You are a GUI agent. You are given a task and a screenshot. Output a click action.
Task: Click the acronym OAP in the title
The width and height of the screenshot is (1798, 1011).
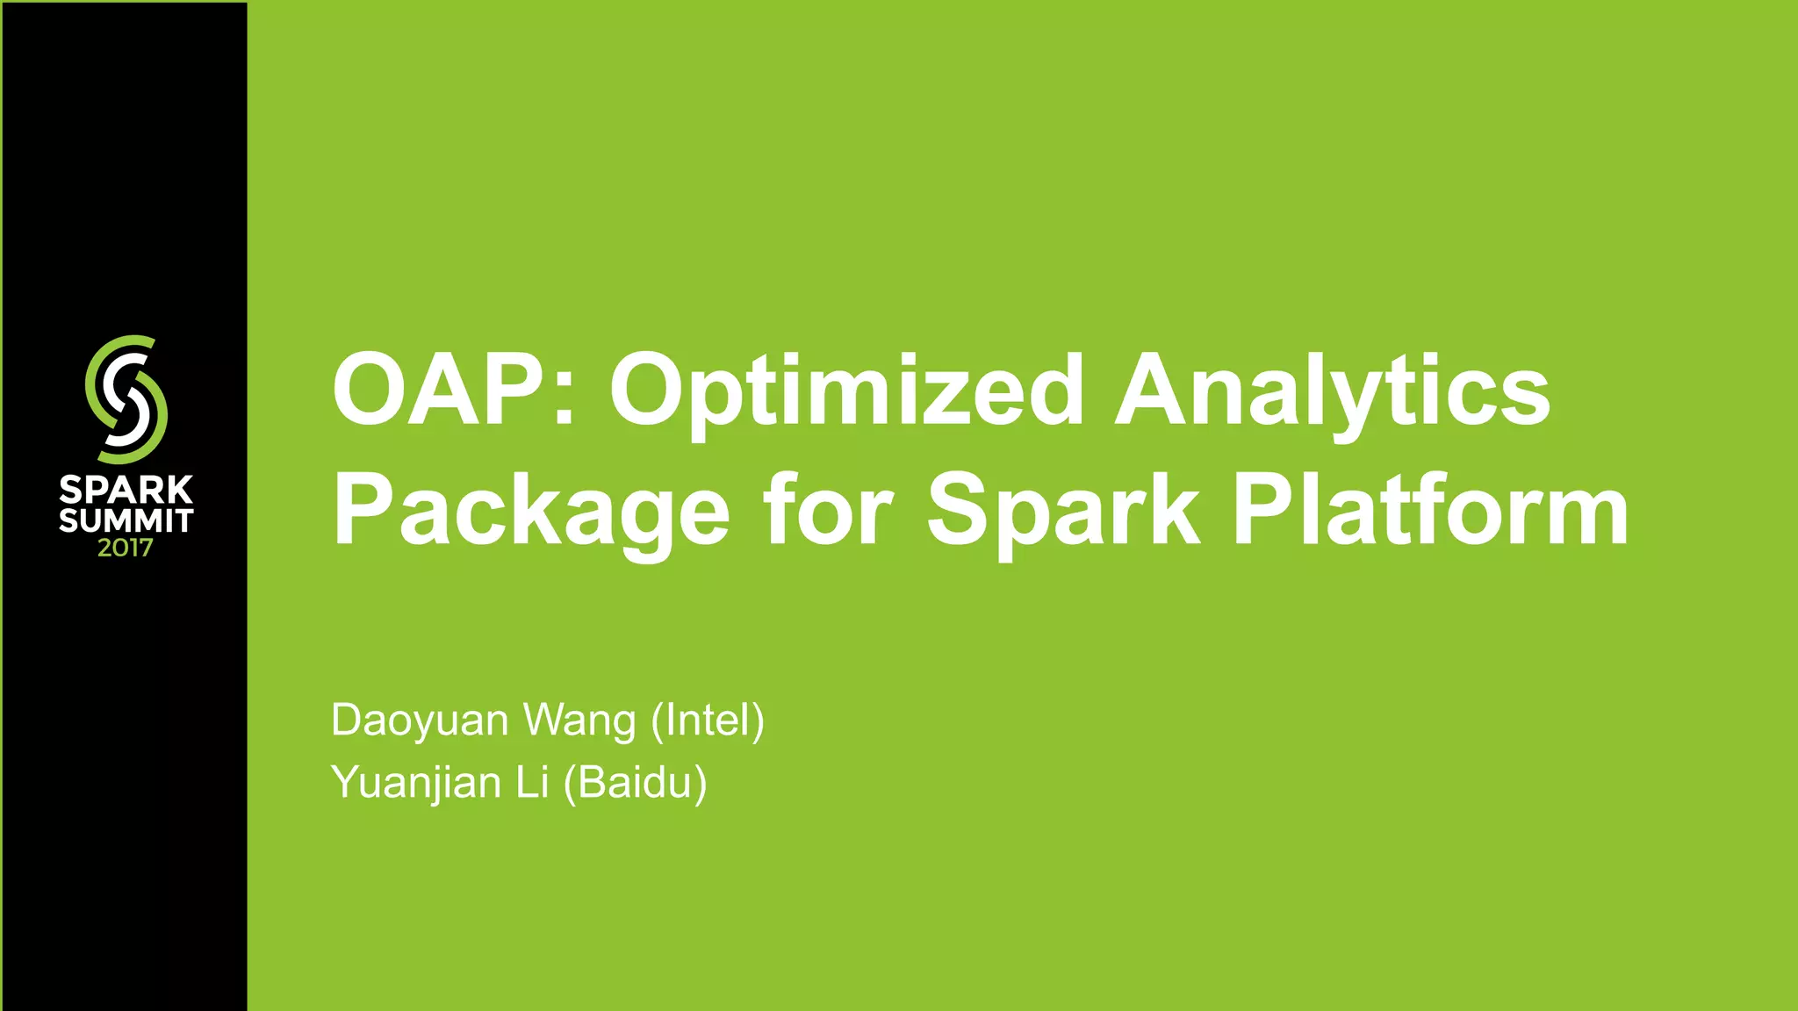(x=440, y=390)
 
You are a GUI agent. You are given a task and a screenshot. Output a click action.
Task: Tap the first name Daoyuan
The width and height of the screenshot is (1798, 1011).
(x=420, y=721)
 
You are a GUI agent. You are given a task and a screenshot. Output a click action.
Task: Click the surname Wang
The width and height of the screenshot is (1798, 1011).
(x=579, y=721)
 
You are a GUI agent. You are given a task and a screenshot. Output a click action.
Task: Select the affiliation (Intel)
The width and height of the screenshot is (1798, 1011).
(x=708, y=721)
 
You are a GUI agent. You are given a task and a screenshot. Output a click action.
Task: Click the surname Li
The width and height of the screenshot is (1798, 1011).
(x=532, y=782)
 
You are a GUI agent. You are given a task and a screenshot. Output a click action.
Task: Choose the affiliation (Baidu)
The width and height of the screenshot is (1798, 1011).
(x=635, y=783)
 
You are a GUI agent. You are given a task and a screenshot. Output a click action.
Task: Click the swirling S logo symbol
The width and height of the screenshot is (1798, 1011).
(x=126, y=399)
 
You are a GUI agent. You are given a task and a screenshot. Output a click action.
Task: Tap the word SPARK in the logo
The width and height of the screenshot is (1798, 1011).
(x=126, y=491)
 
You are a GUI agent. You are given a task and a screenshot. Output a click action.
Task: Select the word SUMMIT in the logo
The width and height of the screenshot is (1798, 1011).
(x=126, y=521)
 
